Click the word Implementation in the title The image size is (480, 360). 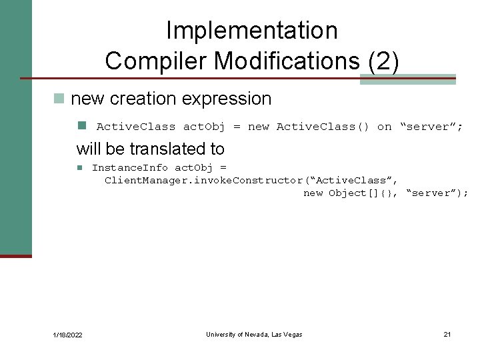pyautogui.click(x=251, y=30)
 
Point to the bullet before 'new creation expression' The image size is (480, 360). pyautogui.click(x=59, y=99)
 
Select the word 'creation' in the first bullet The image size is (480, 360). pyautogui.click(x=143, y=99)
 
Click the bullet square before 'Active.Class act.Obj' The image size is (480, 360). pyautogui.click(x=81, y=125)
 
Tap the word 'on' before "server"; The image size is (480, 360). pyautogui.click(x=384, y=127)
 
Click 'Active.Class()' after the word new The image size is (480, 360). pyautogui.click(x=323, y=127)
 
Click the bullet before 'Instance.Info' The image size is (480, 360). pyautogui.click(x=79, y=167)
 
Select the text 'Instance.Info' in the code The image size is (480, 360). pyautogui.click(x=130, y=167)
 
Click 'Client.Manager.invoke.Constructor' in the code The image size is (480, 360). pyautogui.click(x=203, y=180)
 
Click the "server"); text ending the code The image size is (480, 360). pyautogui.click(x=437, y=193)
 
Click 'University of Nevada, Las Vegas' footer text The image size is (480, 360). pyautogui.click(x=254, y=334)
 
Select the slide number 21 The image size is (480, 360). pyautogui.click(x=447, y=334)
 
